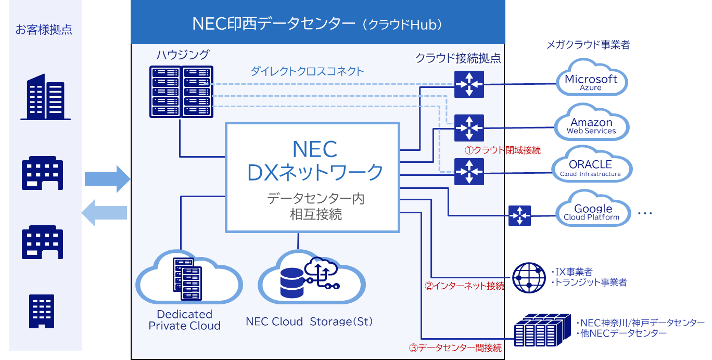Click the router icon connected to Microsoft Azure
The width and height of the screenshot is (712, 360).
(x=469, y=83)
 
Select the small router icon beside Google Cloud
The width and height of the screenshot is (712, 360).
(x=519, y=215)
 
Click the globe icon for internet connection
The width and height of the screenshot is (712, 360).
(x=529, y=278)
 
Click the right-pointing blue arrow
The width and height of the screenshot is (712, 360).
(x=107, y=179)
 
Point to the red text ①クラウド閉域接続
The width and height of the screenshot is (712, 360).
(x=502, y=150)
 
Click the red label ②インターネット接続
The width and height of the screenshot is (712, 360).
(x=464, y=286)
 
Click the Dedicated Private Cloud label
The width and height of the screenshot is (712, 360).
(x=185, y=320)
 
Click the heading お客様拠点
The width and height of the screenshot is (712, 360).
(x=44, y=30)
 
